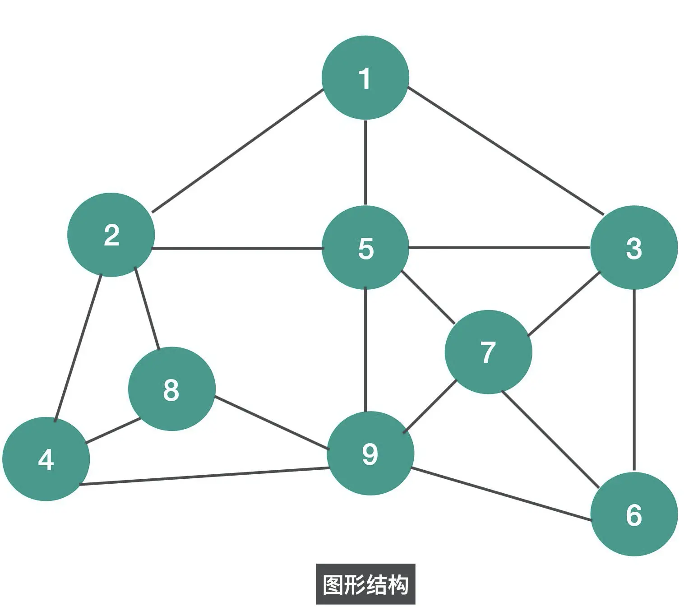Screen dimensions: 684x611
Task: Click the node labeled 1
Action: (x=365, y=78)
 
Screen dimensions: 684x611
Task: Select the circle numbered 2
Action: (x=111, y=235)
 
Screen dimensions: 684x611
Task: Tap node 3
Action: (x=634, y=247)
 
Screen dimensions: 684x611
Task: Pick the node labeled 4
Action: (x=46, y=459)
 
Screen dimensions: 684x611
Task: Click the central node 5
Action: (x=365, y=247)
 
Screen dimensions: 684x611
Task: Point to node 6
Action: (x=634, y=514)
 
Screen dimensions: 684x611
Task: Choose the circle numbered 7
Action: (x=488, y=352)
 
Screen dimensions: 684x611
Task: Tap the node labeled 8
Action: (x=171, y=389)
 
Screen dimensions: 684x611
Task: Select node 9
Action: (x=370, y=454)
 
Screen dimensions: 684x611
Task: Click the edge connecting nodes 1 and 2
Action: (x=238, y=151)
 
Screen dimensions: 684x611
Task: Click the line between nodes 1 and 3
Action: (x=505, y=150)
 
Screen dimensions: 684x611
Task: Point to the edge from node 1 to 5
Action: (x=365, y=162)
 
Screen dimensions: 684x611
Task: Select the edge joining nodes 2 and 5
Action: (x=238, y=248)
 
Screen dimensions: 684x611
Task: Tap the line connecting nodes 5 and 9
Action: (x=365, y=350)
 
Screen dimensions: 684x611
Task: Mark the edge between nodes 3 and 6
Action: (x=634, y=379)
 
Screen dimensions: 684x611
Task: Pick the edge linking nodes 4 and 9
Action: (x=204, y=477)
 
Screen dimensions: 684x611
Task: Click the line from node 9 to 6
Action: (x=501, y=495)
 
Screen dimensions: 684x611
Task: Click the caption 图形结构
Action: (x=365, y=584)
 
